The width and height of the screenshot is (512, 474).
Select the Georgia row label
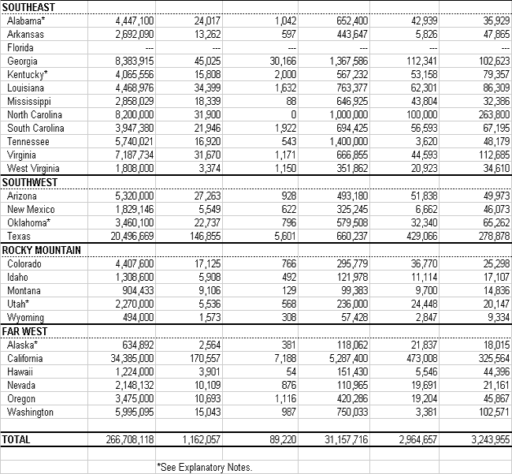pos(22,61)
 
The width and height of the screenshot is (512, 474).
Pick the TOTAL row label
pos(17,438)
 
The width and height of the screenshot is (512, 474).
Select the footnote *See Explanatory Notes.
pos(205,467)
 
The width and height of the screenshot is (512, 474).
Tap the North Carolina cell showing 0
pos(292,114)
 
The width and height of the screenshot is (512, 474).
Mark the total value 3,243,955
pos(481,438)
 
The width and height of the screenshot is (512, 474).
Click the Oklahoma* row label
pos(29,222)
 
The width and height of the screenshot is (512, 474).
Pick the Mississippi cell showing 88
pos(289,101)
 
